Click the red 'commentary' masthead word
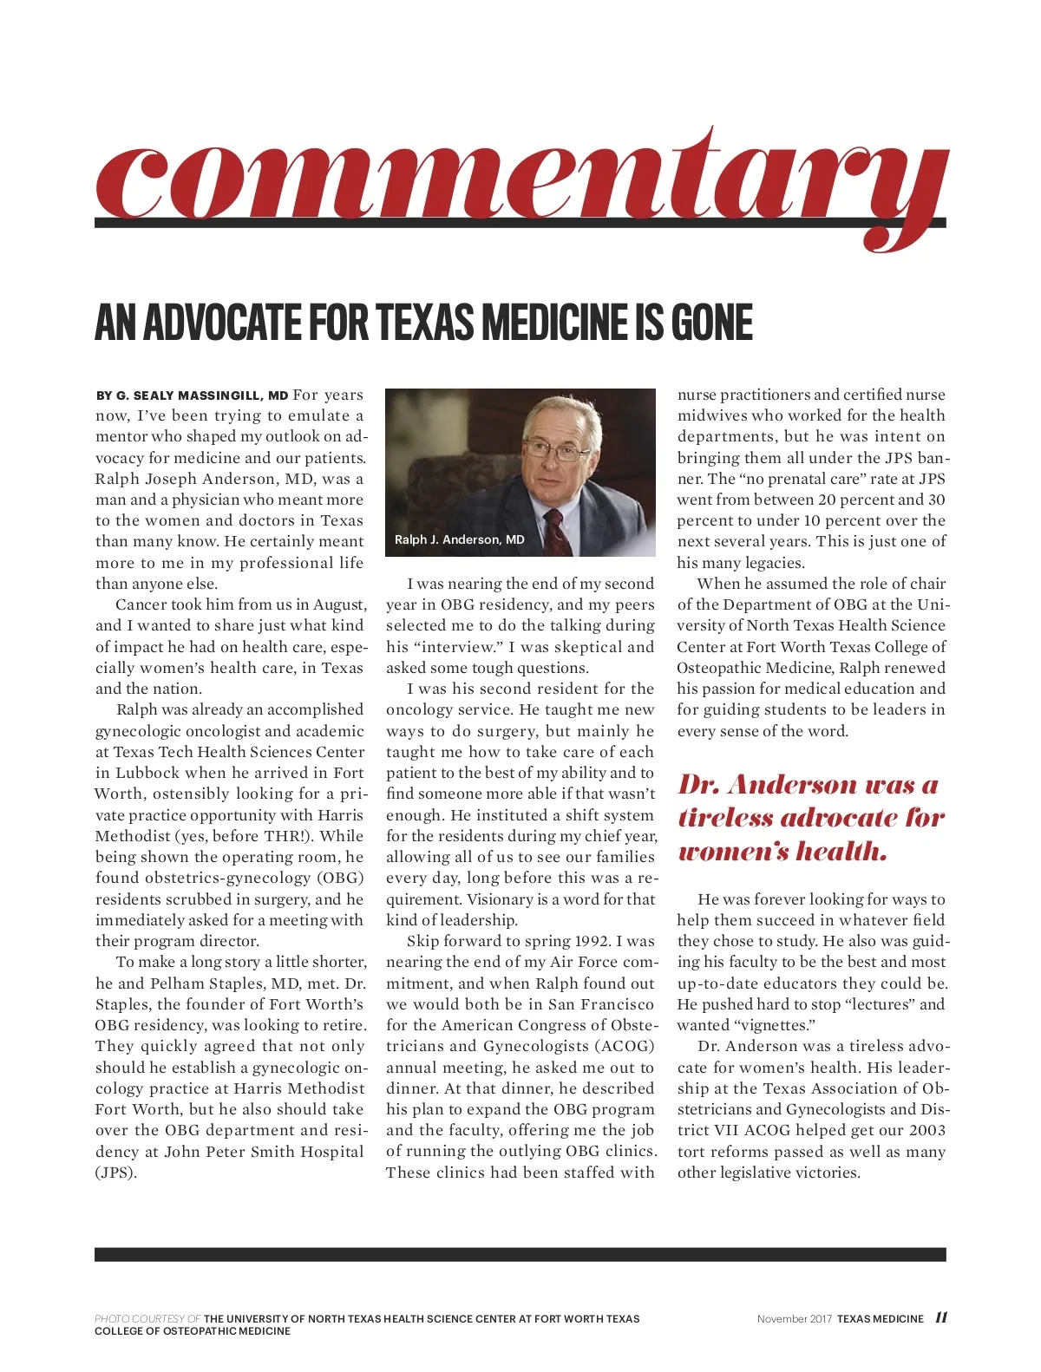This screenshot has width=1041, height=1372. click(520, 178)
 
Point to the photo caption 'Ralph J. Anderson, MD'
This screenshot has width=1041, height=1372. click(459, 539)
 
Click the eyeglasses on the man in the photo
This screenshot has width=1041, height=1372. click(557, 449)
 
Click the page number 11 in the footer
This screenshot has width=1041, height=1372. click(940, 1318)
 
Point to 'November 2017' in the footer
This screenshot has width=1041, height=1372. click(794, 1319)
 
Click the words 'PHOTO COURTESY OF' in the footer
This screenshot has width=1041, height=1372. click(147, 1319)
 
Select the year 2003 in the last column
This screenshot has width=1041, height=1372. click(926, 1130)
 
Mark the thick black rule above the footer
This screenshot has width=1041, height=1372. click(520, 1254)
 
